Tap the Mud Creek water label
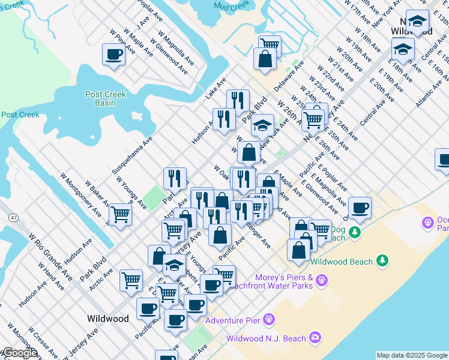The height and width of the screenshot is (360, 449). tap(234, 5)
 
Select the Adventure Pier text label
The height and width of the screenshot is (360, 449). tap(233, 320)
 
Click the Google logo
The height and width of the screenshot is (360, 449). tap(19, 353)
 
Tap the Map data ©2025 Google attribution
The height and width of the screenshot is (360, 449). tap(412, 355)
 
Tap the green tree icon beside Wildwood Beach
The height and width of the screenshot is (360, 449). tap(381, 260)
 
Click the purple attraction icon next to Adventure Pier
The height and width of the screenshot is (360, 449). tap(268, 320)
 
